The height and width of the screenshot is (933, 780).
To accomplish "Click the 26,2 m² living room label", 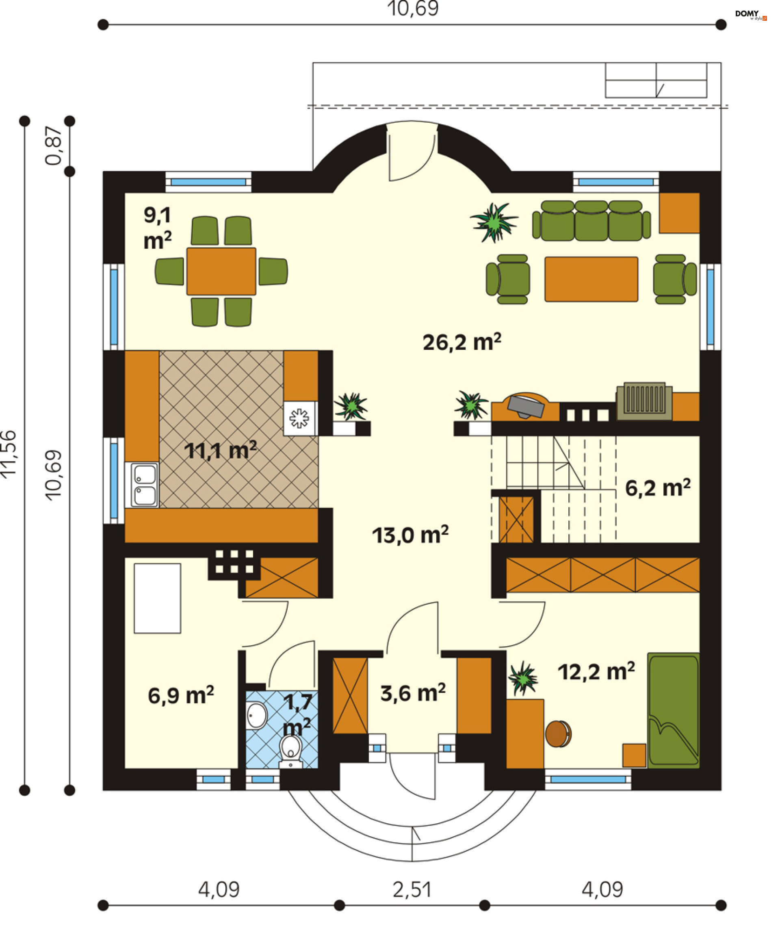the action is tap(462, 342).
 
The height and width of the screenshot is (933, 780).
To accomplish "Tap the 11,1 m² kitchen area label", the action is tap(220, 451).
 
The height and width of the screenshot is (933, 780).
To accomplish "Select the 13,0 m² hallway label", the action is tap(410, 534).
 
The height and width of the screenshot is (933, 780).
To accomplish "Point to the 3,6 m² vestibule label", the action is tap(413, 693).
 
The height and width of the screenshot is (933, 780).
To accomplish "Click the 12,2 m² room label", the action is tap(596, 672).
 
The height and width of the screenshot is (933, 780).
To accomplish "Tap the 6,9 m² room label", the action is tap(181, 695).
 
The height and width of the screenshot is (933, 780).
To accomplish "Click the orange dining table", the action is tap(221, 271).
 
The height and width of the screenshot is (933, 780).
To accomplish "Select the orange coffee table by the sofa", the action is tap(591, 279).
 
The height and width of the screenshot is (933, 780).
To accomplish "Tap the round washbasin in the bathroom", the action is tap(256, 715).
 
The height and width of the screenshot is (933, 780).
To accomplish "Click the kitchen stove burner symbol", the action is tap(299, 418).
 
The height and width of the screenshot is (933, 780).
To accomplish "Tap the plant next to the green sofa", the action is tap(494, 222).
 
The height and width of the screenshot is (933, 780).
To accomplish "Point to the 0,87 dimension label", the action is tap(54, 146).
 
